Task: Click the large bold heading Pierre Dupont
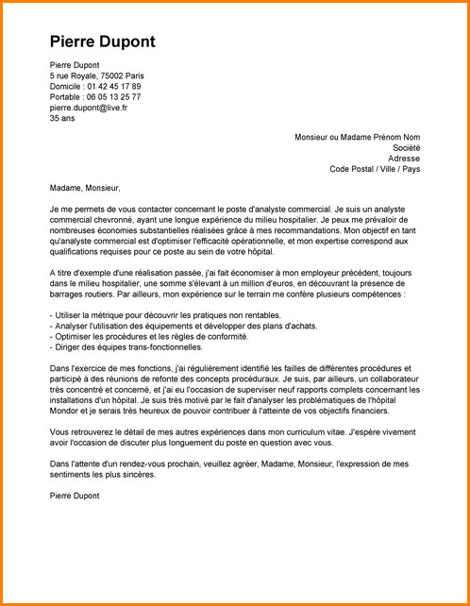102,42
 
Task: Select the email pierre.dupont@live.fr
89,108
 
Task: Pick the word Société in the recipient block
406,148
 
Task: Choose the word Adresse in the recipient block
405,159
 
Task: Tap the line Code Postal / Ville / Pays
375,170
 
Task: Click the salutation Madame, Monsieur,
85,187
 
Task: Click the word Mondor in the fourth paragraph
67,411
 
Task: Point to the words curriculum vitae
304,431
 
